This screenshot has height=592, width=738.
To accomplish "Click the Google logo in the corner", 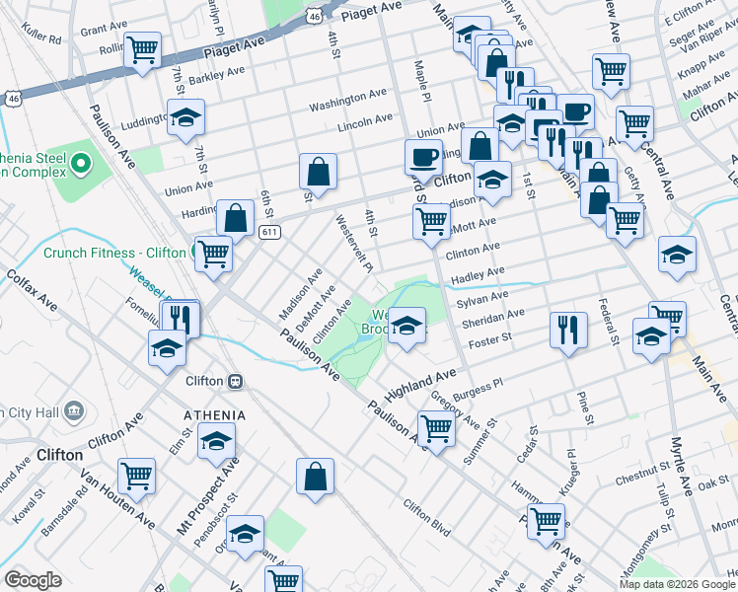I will click(x=32, y=580).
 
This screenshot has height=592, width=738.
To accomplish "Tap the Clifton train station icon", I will click(x=236, y=380).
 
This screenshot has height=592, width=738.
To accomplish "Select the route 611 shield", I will click(x=268, y=232).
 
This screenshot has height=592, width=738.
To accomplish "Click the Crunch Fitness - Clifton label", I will click(x=114, y=253).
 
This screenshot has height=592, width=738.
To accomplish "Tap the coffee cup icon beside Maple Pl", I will click(x=423, y=156).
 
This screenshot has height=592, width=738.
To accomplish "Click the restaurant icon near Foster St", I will click(x=566, y=329).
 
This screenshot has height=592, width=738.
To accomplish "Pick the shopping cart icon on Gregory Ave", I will click(x=436, y=427).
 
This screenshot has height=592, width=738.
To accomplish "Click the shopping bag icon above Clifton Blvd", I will click(x=315, y=476).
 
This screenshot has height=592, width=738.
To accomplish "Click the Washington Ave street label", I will click(x=347, y=100).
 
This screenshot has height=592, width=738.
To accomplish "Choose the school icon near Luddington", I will click(x=185, y=117).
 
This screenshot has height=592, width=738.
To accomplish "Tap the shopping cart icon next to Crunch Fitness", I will click(x=213, y=253).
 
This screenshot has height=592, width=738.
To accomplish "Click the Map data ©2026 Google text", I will click(x=677, y=584).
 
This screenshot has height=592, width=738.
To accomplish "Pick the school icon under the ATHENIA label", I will click(x=216, y=441).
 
